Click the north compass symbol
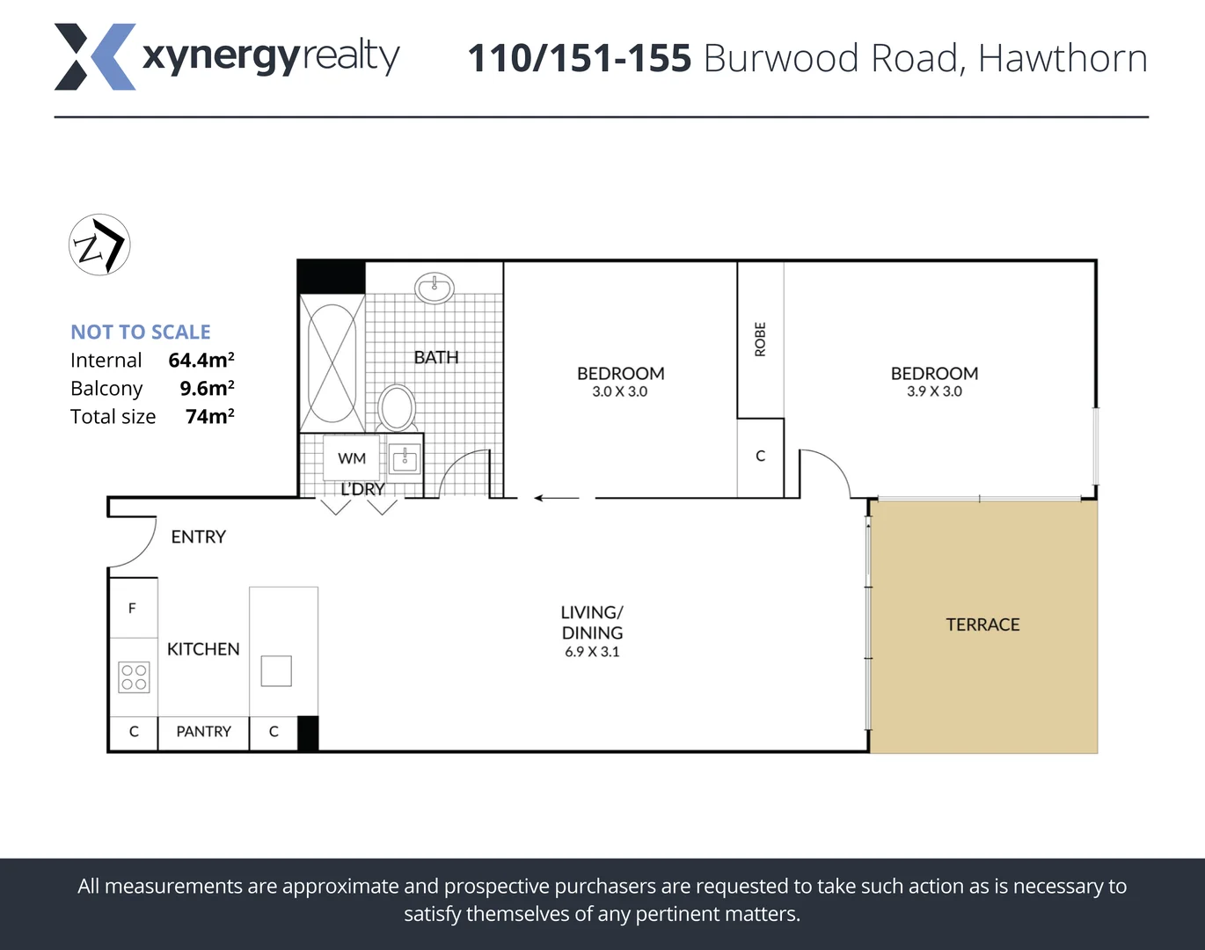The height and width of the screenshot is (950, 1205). click(x=99, y=245)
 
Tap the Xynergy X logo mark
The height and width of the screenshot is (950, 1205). click(x=95, y=57)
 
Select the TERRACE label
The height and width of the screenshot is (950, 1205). click(x=982, y=625)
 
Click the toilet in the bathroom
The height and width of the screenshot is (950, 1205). click(x=397, y=407)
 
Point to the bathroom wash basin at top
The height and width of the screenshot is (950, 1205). click(x=435, y=287)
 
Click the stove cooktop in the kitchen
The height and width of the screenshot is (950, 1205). click(x=134, y=677)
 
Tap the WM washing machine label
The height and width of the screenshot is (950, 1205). click(x=352, y=458)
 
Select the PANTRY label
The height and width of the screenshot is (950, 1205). click(x=203, y=732)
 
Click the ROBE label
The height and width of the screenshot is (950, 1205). click(x=761, y=340)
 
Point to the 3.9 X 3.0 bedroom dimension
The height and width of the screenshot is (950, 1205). click(x=934, y=391)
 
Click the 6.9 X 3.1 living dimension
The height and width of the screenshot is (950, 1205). click(x=592, y=652)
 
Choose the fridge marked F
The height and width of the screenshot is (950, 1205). click(x=132, y=608)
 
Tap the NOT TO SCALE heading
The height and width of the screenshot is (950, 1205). click(x=141, y=332)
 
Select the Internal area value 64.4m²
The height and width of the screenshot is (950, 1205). click(x=201, y=360)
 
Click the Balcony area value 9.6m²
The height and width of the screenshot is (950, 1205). click(x=207, y=388)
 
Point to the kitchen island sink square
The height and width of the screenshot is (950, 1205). click(x=276, y=671)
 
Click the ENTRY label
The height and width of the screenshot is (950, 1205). click(x=198, y=537)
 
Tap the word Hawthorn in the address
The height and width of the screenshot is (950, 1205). click(x=1063, y=59)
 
